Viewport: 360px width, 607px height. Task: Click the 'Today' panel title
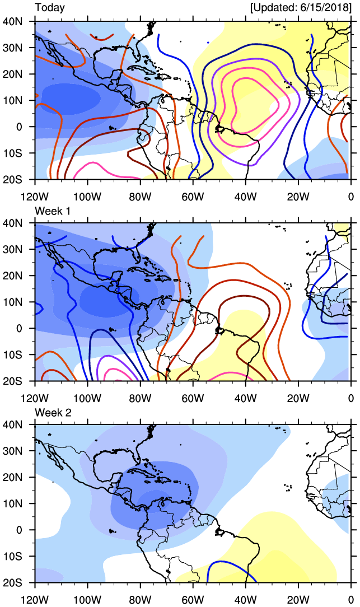tap(50, 8)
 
